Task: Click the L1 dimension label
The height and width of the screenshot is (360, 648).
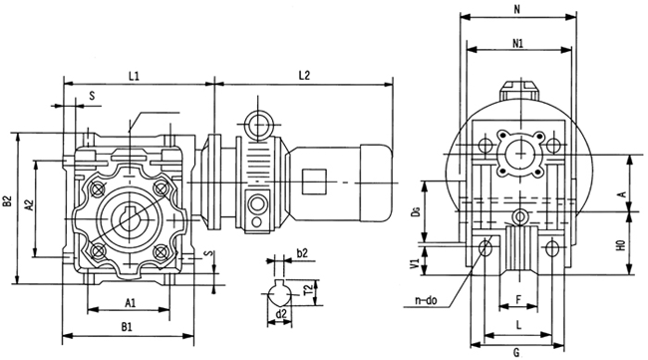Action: click(x=134, y=76)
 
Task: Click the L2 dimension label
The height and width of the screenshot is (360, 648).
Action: click(x=304, y=75)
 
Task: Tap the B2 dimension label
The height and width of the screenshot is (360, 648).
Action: click(x=7, y=201)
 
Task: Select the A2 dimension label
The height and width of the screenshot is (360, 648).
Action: click(x=29, y=204)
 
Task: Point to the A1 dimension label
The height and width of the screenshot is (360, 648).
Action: click(x=131, y=303)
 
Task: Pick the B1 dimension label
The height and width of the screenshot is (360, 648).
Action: click(x=127, y=327)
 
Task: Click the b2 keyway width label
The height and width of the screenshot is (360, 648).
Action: click(x=302, y=253)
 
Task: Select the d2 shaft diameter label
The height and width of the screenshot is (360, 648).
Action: click(x=281, y=314)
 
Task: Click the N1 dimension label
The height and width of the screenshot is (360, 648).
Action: click(x=517, y=44)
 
